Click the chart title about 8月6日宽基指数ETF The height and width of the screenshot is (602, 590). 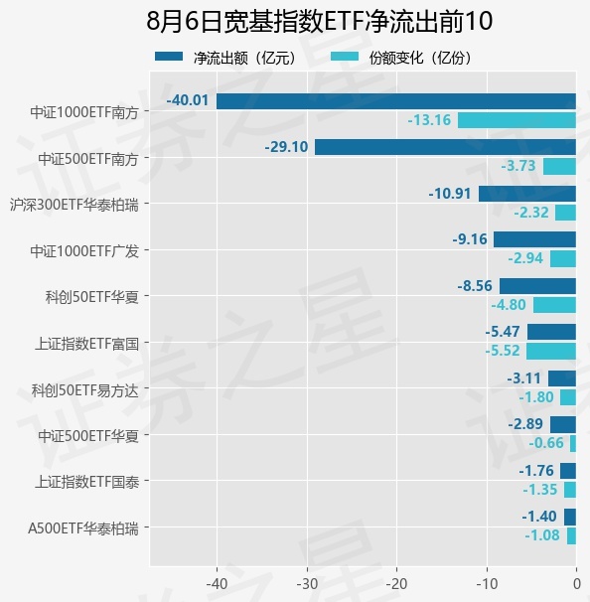point(320,21)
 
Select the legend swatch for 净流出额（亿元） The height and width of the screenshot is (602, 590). point(169,57)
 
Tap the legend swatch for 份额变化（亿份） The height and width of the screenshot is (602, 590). point(345,57)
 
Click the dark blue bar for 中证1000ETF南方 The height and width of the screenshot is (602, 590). point(396,101)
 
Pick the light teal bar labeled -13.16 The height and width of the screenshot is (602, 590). point(516,120)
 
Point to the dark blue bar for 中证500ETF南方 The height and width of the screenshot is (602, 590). point(445,147)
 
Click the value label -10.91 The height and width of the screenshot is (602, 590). point(450,193)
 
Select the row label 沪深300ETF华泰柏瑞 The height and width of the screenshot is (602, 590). point(74,205)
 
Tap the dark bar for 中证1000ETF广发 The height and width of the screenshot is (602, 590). point(534,239)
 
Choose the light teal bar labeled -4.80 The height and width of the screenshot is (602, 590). point(554,305)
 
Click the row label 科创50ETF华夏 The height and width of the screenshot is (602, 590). point(92,297)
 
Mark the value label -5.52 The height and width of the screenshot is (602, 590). point(503,351)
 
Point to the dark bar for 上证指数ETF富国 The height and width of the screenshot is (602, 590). point(551,332)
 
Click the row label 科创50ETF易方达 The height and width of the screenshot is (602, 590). point(84,390)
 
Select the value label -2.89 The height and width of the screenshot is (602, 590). point(525,424)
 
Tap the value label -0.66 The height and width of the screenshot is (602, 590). point(546,443)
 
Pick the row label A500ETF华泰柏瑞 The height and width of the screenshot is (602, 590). point(83,528)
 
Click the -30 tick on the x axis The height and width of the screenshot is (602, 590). point(307,584)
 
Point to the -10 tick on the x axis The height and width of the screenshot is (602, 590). point(487,584)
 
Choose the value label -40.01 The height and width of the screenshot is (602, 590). point(188,100)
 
